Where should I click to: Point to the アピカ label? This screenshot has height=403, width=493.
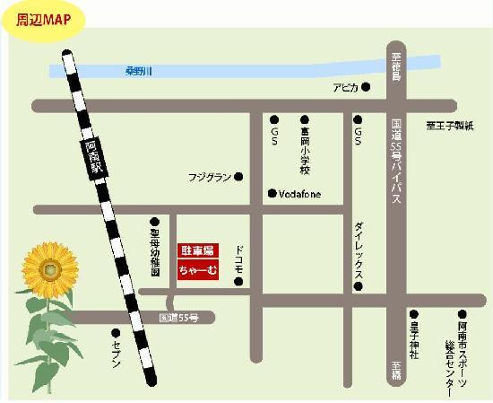tap(345, 87)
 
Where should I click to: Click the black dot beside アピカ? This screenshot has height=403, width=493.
tap(366, 87)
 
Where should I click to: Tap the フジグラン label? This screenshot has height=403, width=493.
tap(212, 176)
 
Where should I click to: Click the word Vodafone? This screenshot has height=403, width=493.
tap(299, 194)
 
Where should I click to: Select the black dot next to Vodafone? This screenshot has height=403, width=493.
tap(272, 193)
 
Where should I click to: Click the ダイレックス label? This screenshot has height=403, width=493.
tap(358, 252)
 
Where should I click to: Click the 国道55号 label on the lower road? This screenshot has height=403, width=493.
tap(177, 318)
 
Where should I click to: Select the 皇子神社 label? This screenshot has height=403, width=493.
tap(414, 341)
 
